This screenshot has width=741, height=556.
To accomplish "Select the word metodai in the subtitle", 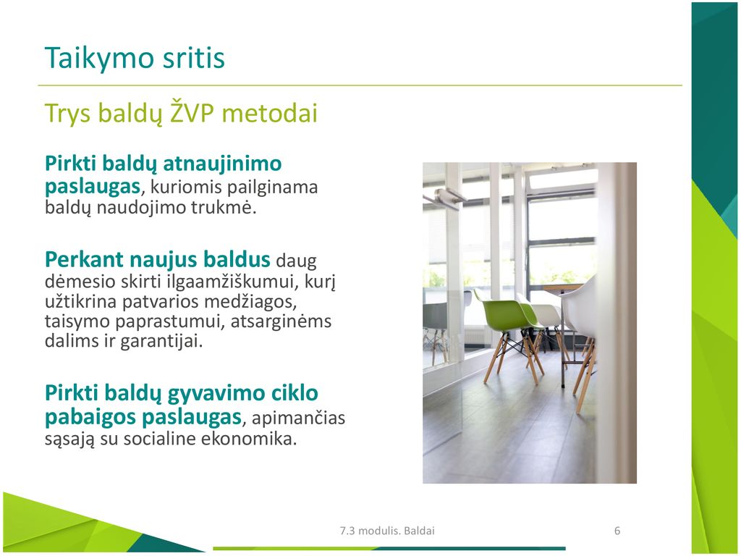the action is pos(269,113).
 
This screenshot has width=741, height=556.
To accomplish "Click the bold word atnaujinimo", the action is pos(222,164).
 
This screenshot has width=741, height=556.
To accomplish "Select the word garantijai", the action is pos(161,340).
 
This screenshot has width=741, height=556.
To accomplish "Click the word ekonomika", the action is pos(249,439).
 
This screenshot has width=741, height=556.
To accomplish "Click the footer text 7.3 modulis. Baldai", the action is pos(387,531).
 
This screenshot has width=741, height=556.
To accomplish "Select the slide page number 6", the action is pos(617,531).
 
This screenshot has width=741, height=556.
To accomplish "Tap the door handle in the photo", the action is pos(445,196).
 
